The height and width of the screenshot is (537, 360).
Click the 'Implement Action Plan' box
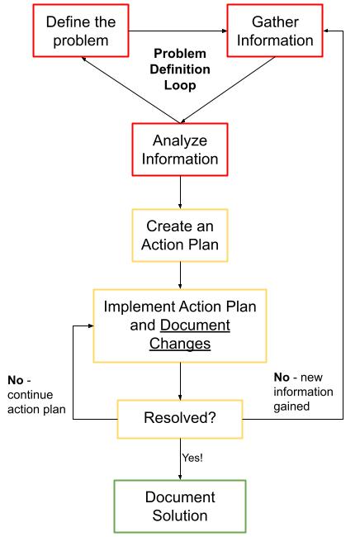coord(179,325)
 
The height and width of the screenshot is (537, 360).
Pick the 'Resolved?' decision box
coord(179,419)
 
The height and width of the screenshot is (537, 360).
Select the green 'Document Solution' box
coord(179,506)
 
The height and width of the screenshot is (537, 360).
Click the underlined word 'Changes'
coord(179,343)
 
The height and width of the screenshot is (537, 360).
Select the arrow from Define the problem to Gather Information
coord(178,31)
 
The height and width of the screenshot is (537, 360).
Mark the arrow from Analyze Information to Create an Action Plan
coord(179,193)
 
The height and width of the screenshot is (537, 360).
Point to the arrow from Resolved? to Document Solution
coord(179,459)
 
